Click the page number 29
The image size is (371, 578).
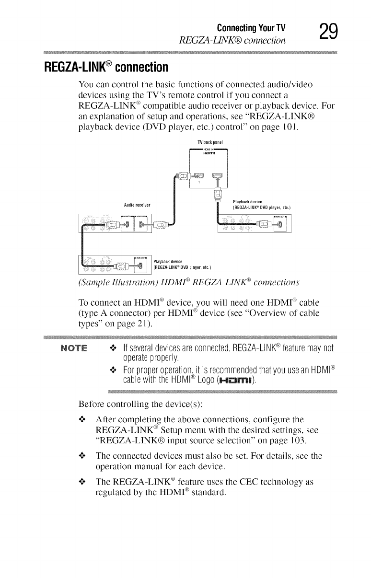pyautogui.click(x=329, y=31)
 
